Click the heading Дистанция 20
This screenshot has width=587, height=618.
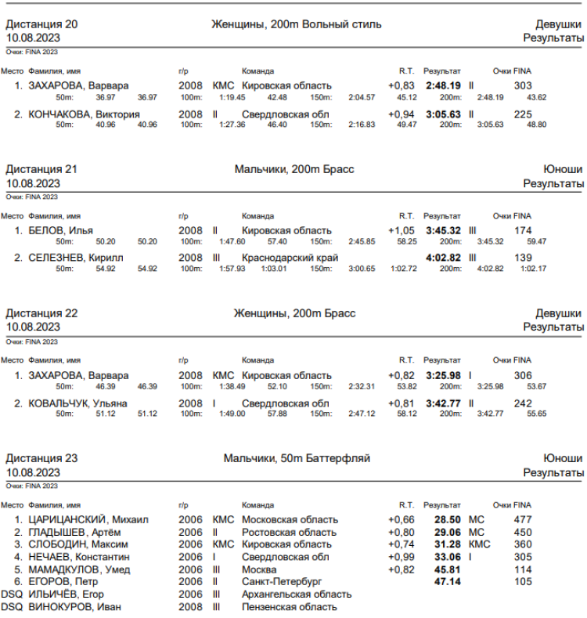pos(41,24)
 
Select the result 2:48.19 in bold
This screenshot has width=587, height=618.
pos(442,85)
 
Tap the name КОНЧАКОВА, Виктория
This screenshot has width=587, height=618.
pos(84,114)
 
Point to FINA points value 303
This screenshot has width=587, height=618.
pos(523,85)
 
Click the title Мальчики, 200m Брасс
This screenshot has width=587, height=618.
pos(294,168)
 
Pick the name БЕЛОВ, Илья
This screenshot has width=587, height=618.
pos(60,230)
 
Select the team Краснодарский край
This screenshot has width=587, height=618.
pos(290,257)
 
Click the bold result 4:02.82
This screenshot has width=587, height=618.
pos(442,257)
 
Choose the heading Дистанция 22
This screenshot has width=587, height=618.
pos(41,313)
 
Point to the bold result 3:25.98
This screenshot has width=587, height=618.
pos(442,375)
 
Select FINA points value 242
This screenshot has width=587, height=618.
pos(523,403)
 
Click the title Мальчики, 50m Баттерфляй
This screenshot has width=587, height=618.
pos(297,457)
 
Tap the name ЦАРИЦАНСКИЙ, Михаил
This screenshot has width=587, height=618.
pos(88,519)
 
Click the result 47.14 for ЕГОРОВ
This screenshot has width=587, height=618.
pos(447,582)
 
